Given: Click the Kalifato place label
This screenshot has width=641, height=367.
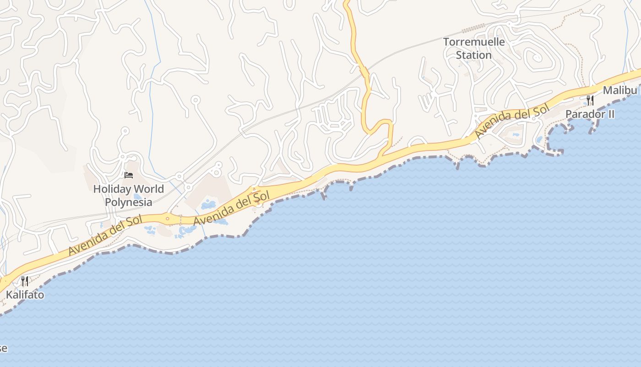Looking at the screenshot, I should click(x=25, y=295).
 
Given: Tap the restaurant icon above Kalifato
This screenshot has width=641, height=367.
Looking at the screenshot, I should click(x=25, y=281).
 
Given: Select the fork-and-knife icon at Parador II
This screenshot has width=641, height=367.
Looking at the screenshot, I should click(x=590, y=100).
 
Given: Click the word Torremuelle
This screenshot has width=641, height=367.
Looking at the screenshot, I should click(x=474, y=42).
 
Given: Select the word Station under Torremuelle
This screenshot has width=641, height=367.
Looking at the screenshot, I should click(x=474, y=55).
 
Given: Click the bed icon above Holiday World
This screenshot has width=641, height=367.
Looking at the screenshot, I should click(x=128, y=175).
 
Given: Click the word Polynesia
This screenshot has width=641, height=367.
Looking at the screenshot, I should click(x=129, y=201).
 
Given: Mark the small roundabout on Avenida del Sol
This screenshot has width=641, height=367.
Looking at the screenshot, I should click(x=168, y=219).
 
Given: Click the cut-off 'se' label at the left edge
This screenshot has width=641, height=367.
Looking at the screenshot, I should click(x=3, y=348).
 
